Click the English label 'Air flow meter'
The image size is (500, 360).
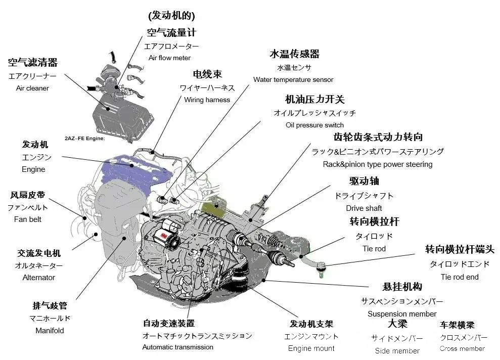click(x=169, y=58)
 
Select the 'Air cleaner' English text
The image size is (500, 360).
click(x=32, y=88)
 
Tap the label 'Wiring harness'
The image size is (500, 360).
click(x=207, y=100)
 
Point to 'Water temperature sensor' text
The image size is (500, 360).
click(x=293, y=79)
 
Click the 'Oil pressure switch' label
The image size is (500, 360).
click(x=314, y=125)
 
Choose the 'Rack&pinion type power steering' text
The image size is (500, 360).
click(x=377, y=164)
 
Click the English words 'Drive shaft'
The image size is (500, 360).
click(x=363, y=208)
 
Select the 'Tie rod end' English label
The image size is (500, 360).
click(x=459, y=277)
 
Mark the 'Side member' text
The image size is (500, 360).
click(x=397, y=350)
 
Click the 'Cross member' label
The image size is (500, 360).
click(x=462, y=348)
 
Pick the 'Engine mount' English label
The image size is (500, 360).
click(x=311, y=348)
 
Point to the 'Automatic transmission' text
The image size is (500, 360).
click(x=177, y=347)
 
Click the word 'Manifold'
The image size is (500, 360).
click(x=50, y=330)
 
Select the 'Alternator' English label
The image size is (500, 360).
click(x=39, y=277)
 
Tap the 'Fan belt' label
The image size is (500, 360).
click(x=28, y=219)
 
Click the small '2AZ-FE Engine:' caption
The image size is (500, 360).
click(x=84, y=138)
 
